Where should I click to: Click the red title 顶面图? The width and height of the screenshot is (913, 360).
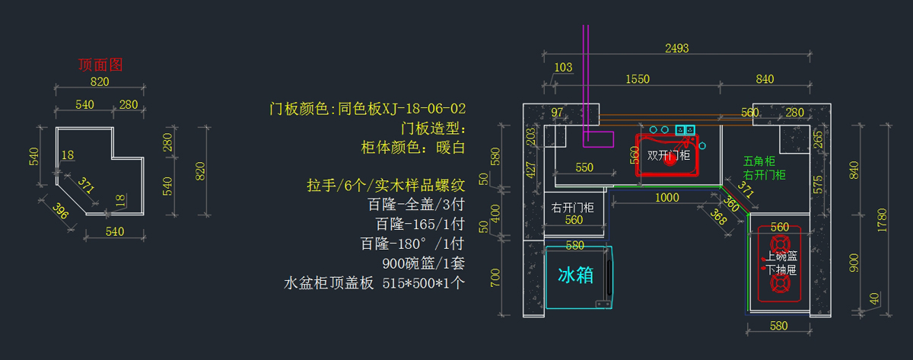point(100,65)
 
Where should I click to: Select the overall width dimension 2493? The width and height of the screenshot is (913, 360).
point(676,48)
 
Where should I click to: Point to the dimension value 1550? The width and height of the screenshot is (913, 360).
point(637,79)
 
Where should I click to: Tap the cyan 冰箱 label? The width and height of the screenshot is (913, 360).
point(576,275)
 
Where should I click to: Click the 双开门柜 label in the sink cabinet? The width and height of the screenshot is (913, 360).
point(669,155)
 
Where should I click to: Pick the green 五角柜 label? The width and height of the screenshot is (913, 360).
point(759,161)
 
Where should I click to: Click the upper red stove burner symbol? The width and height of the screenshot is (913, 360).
point(780,244)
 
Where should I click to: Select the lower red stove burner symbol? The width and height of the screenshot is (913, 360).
point(780,284)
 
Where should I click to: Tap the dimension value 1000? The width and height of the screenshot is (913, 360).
point(666,198)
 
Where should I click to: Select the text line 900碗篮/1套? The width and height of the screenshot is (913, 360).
point(424,263)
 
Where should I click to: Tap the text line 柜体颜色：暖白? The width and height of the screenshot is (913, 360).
point(412,147)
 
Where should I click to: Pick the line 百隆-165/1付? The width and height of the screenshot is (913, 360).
point(419,225)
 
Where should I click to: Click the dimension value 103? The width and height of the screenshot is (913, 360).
point(563,68)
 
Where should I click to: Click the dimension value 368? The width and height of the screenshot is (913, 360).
point(717,217)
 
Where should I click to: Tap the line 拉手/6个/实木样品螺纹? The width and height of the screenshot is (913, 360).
point(386,185)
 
